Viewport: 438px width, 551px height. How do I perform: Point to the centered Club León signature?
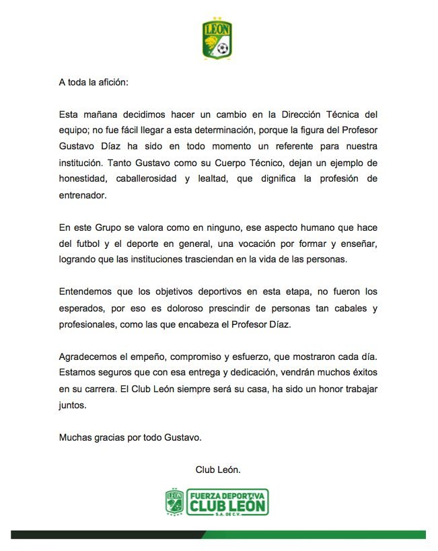218,470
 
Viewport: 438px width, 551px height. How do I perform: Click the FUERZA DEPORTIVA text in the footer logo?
227,494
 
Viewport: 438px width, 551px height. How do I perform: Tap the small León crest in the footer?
174,503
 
